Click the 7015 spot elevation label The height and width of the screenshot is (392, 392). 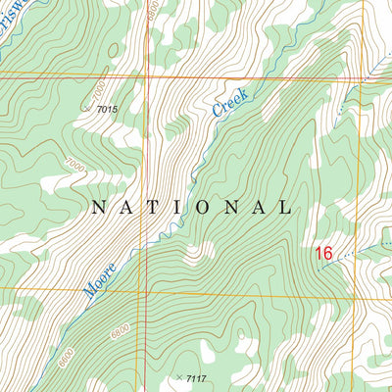pyautogui.click(x=107, y=109)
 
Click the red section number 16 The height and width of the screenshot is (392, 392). pyautogui.click(x=324, y=254)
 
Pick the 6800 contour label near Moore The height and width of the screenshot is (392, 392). pyautogui.click(x=120, y=334)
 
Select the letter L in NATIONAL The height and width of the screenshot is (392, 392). pyautogui.click(x=285, y=208)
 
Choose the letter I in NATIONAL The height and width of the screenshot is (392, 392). pyautogui.click(x=180, y=208)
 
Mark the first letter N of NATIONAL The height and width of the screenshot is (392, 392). pyautogui.click(x=97, y=208)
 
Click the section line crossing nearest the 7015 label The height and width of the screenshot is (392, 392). pyautogui.click(x=147, y=75)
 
